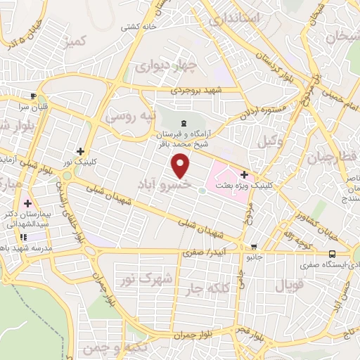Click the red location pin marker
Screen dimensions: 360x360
pos(181,166)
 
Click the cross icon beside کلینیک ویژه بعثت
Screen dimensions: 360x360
pos(244,175)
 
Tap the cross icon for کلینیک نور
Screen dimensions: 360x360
pos(82,150)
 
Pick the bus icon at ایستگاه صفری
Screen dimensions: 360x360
pos(332,255)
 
